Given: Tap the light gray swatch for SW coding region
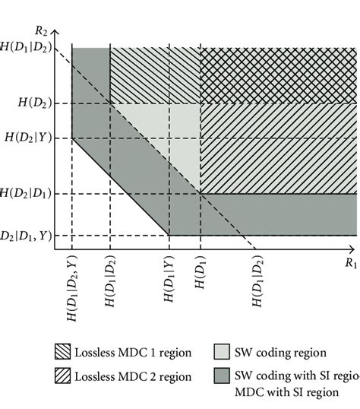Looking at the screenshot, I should click(224, 352).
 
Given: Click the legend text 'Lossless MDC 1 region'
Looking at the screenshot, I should click(132, 353).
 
